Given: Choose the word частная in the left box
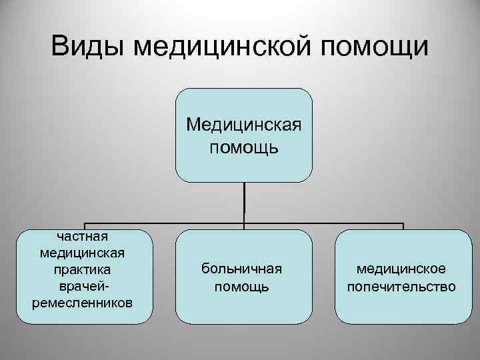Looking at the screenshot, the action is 83,235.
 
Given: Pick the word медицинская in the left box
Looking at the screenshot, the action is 83,253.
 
